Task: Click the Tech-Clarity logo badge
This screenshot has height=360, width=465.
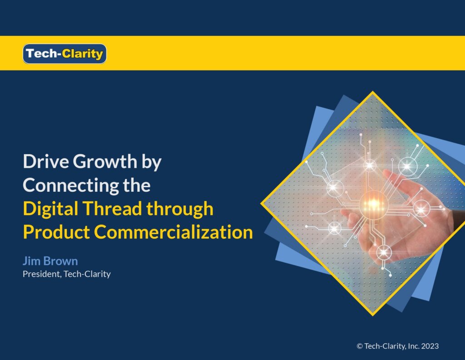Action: click(64, 54)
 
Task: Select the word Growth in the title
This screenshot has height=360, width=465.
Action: click(105, 161)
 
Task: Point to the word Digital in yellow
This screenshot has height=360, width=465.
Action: click(50, 209)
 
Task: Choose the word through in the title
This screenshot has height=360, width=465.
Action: click(180, 209)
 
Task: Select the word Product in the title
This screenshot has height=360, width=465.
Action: click(56, 232)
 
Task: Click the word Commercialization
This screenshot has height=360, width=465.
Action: click(173, 232)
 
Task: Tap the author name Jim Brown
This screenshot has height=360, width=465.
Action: click(50, 261)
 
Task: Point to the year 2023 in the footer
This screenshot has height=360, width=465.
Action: click(430, 346)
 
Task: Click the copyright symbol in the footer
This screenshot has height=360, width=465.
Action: click(360, 346)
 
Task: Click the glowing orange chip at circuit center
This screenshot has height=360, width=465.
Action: click(373, 205)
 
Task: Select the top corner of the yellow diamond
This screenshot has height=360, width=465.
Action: click(373, 92)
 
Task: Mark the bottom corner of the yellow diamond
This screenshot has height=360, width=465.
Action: click(373, 315)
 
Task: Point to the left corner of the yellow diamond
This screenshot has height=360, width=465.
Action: click(261, 204)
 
